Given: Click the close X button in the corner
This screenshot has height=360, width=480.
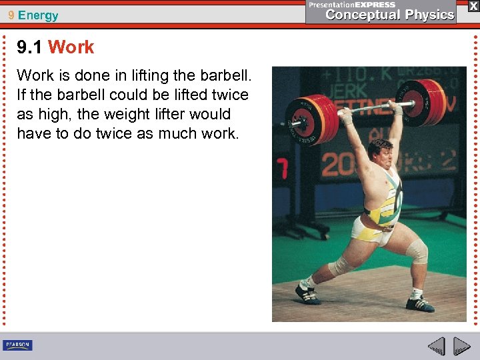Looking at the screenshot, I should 473,6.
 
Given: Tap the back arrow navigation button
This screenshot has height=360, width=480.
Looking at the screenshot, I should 436,346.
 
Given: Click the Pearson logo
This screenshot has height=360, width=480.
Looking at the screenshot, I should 17,345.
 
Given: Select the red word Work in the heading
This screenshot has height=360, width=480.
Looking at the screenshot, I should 71,47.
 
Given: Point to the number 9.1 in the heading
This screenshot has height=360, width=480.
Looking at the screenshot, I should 30,47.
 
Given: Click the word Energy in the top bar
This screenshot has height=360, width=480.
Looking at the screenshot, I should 39,15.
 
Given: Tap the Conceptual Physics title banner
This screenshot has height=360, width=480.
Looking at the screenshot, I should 389,15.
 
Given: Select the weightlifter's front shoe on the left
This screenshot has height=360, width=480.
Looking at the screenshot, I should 308,293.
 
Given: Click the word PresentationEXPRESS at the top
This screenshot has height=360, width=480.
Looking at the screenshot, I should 351,5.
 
